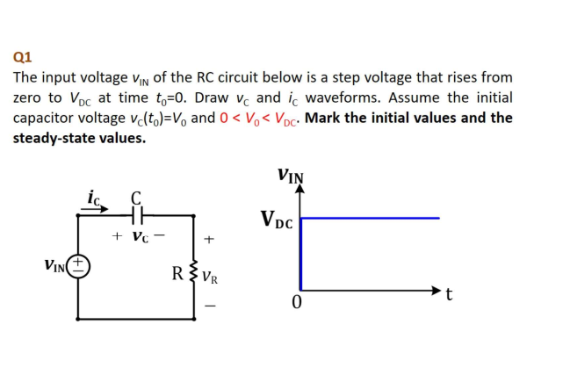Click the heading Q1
click(23, 58)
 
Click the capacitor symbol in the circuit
click(136, 213)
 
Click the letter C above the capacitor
click(136, 196)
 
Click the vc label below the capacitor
click(138, 236)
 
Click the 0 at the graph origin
click(297, 303)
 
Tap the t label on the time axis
click(450, 293)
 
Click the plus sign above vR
click(208, 238)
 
